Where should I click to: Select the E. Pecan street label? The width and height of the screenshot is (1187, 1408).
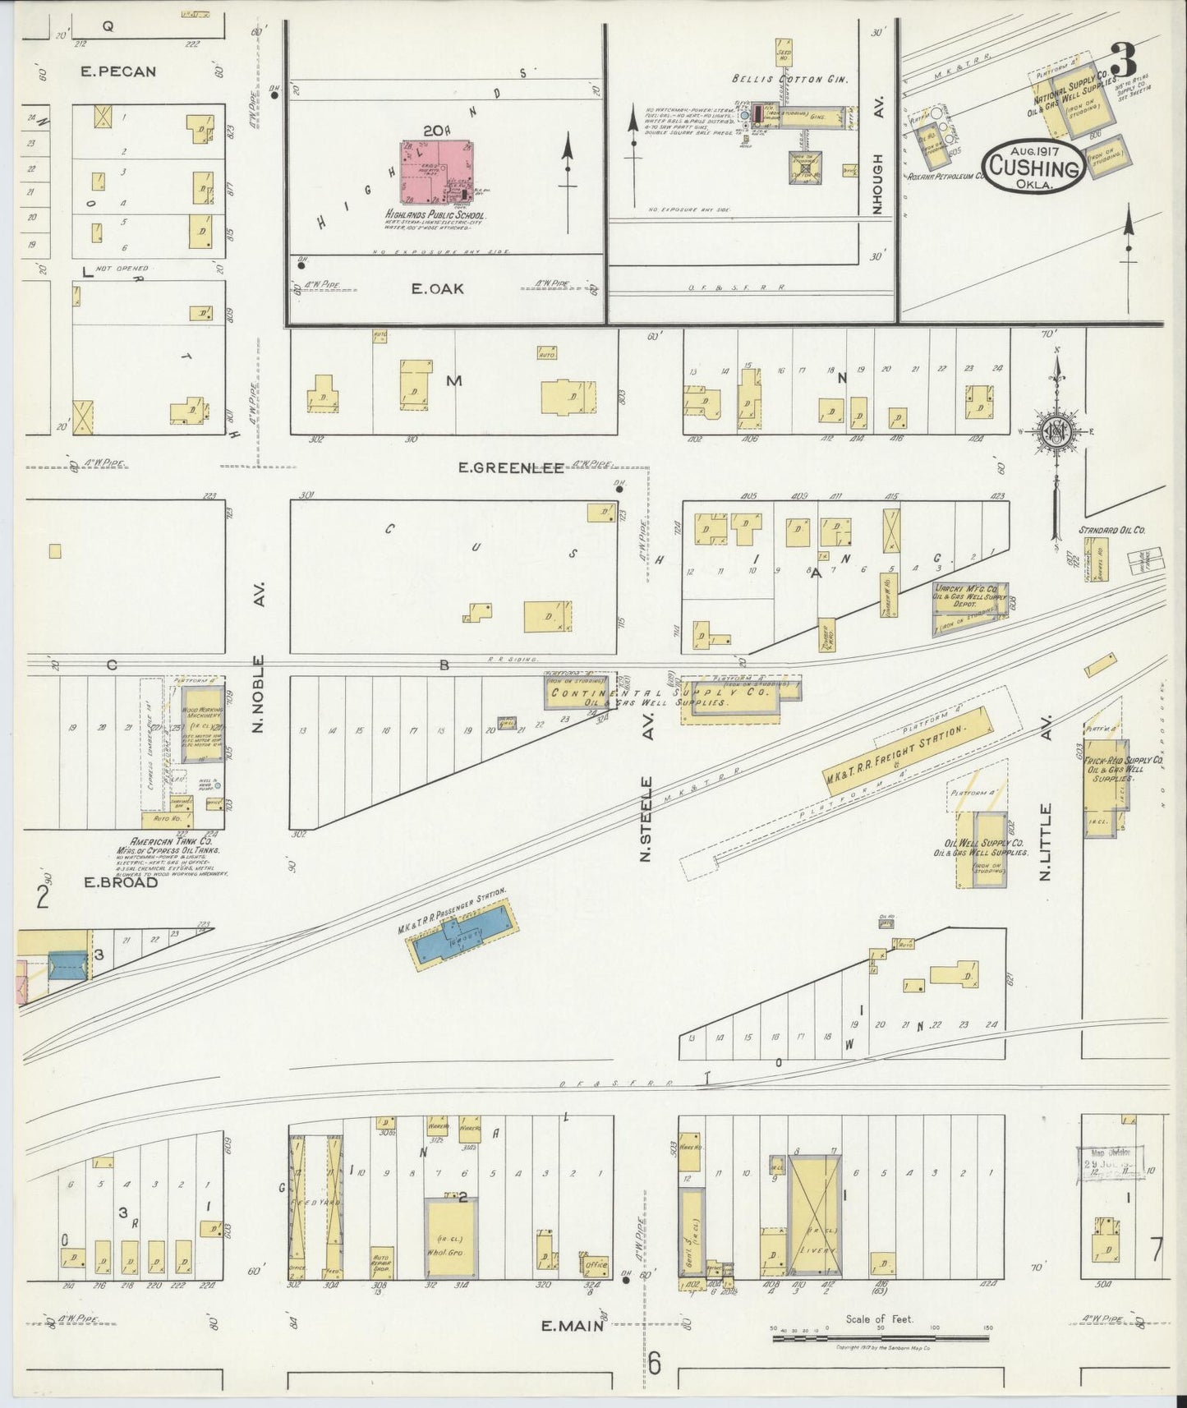pos(118,71)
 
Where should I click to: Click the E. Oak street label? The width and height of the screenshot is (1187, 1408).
pos(438,288)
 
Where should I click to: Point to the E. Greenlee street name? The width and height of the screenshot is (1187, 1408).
pos(511,468)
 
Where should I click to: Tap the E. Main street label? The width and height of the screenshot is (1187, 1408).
pos(573,1347)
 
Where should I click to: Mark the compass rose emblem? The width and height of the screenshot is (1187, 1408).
pos(1055,432)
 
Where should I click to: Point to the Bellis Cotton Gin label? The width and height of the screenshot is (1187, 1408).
pos(791,80)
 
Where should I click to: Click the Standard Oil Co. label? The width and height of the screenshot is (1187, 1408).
pos(1111,530)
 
